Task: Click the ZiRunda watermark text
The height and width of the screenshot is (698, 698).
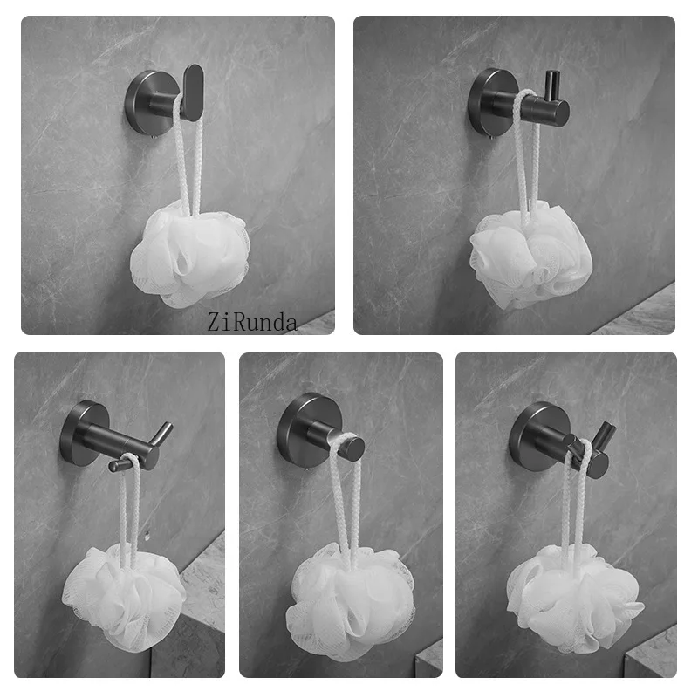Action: click(253, 323)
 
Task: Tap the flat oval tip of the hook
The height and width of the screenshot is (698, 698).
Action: click(193, 91)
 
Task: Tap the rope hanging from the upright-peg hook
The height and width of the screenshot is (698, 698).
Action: click(525, 157)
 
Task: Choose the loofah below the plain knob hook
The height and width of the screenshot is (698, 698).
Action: click(349, 602)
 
